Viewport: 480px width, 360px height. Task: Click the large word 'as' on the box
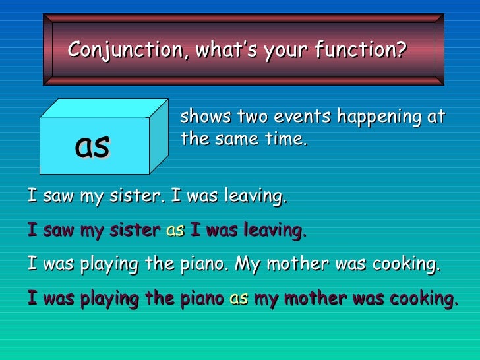92,146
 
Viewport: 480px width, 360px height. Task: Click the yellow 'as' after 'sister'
175,231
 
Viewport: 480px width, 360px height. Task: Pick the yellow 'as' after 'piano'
239,299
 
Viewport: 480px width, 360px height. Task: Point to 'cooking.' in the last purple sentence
423,299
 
